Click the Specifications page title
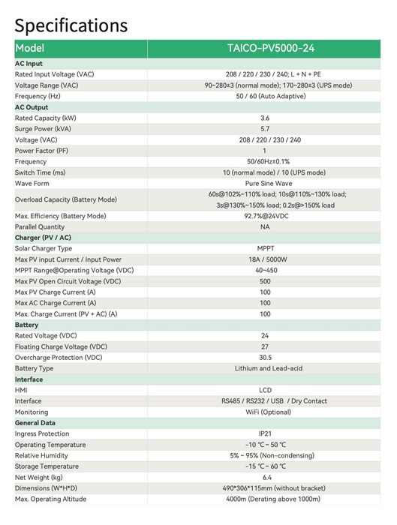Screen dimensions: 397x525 [x=71, y=25]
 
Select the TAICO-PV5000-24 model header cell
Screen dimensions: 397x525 [x=271, y=48]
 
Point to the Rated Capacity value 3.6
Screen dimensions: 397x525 [x=265, y=118]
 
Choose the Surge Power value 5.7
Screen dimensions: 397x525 [x=265, y=129]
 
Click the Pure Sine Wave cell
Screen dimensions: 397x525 [x=268, y=184]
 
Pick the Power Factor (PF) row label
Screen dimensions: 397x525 [x=46, y=151]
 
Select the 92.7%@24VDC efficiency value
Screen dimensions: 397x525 [x=265, y=216]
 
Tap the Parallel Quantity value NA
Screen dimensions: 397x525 [x=265, y=227]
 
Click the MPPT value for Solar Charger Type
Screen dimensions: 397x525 [x=265, y=249]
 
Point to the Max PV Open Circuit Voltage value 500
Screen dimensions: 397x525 [x=265, y=281]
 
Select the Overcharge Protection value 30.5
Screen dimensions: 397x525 [x=265, y=358]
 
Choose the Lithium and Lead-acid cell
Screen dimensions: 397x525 [x=268, y=368]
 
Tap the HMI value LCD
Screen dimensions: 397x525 [x=265, y=390]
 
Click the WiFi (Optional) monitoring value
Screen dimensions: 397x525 [x=268, y=412]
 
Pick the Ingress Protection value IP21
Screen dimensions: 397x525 [x=265, y=433]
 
